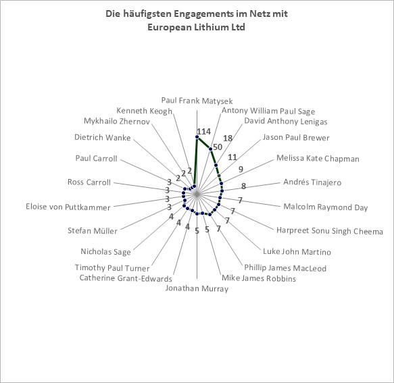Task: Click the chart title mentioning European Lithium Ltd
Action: click(x=197, y=20)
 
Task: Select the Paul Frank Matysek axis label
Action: click(x=197, y=101)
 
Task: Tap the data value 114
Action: click(x=204, y=131)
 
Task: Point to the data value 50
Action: click(x=218, y=147)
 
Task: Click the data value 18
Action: click(x=228, y=138)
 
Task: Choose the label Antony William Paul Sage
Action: click(x=268, y=111)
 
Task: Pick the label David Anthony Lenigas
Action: click(x=286, y=121)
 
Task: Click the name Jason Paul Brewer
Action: click(x=296, y=138)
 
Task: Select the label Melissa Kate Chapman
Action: click(x=318, y=159)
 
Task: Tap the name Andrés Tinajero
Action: click(x=312, y=182)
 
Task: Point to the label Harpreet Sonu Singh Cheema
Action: click(x=330, y=231)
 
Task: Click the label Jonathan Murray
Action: click(x=197, y=288)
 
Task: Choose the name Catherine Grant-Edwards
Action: click(x=126, y=278)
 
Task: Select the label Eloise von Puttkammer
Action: click(x=68, y=207)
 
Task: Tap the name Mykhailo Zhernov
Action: click(x=117, y=121)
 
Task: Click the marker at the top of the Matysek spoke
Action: click(x=197, y=137)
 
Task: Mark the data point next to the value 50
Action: click(x=211, y=149)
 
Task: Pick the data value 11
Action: click(x=232, y=157)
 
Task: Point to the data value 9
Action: click(x=241, y=170)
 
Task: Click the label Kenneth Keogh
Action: click(x=145, y=111)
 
